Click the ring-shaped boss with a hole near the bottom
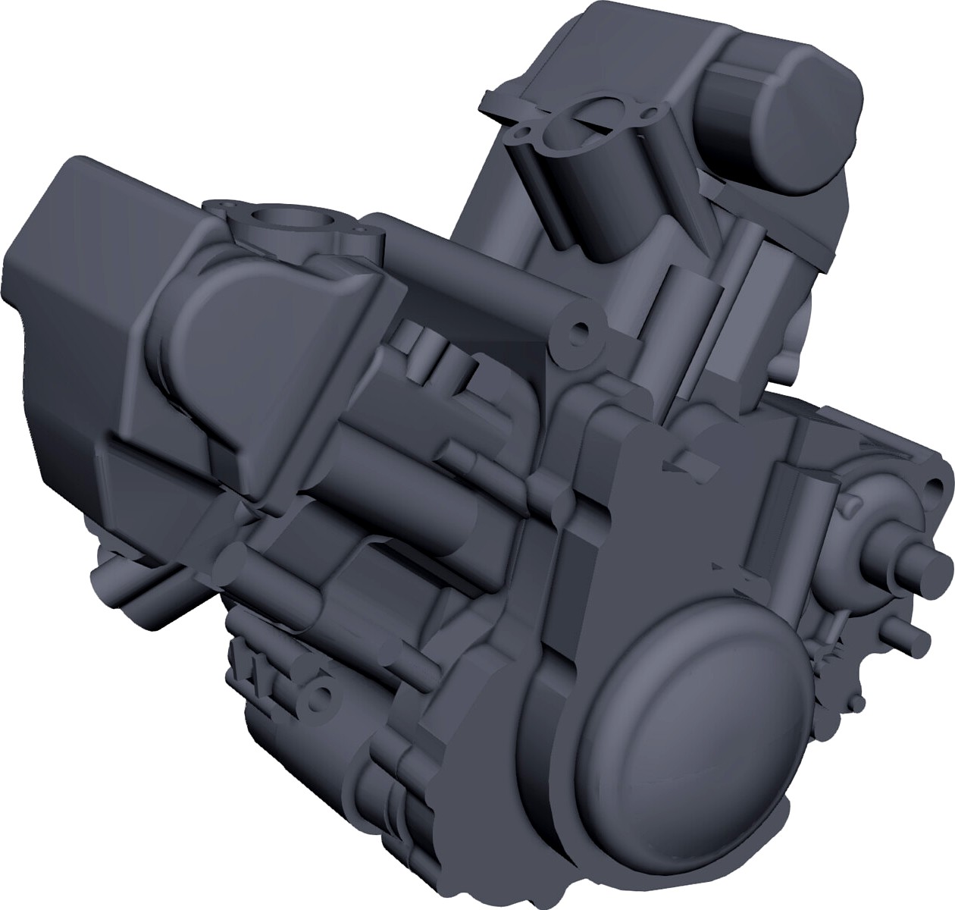click(323, 696)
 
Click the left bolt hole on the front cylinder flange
click(221, 206)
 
